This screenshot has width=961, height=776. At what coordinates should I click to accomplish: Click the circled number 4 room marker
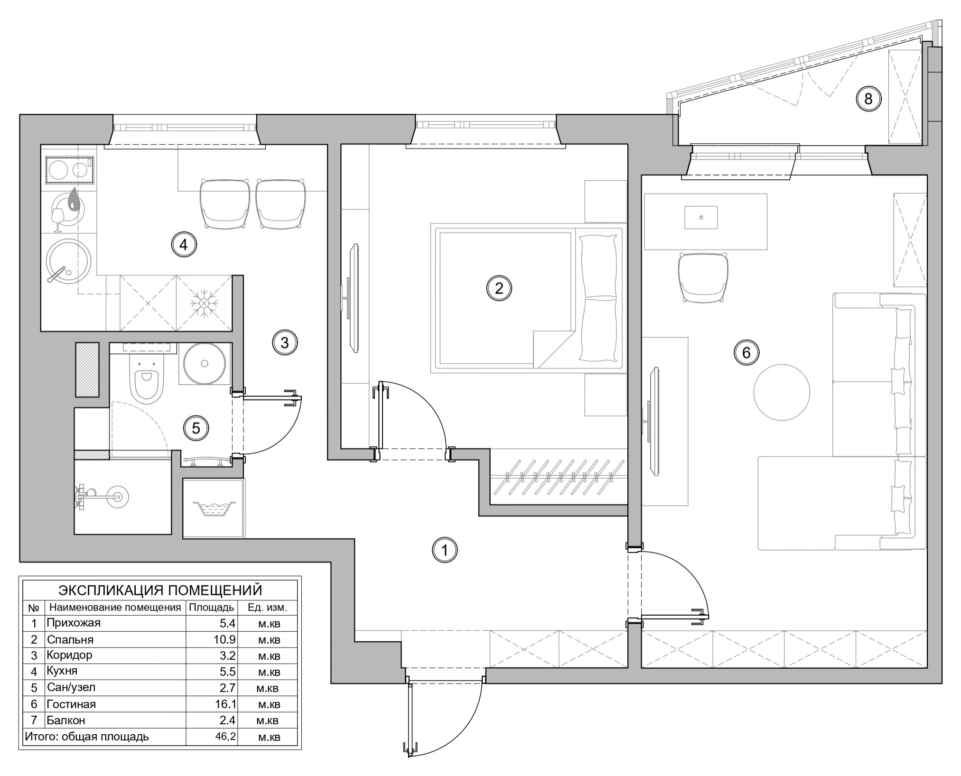coord(184,245)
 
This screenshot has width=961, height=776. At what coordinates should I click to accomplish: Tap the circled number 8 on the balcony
coord(868,99)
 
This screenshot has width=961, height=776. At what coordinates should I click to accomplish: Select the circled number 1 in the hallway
coord(445,550)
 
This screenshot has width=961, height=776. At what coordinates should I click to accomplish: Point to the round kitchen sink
coord(68,261)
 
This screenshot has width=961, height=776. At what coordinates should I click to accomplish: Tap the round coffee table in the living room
coord(782,392)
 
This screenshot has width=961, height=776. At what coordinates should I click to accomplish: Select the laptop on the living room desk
coord(701,218)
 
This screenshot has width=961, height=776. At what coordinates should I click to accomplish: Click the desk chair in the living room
coord(703,277)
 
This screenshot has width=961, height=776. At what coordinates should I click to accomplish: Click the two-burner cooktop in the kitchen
coord(69,169)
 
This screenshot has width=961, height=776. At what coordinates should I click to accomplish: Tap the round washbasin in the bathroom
coord(205,363)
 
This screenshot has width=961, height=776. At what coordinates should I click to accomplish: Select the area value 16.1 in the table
coord(225,704)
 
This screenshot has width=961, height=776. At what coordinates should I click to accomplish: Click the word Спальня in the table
coord(70,639)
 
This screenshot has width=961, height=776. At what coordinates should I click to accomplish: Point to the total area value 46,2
coord(225,737)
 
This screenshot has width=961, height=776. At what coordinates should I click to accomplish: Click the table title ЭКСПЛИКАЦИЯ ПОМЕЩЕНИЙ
coord(160,590)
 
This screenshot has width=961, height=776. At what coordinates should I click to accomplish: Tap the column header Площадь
coord(212,608)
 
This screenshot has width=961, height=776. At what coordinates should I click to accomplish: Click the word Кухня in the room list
coord(62,671)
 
